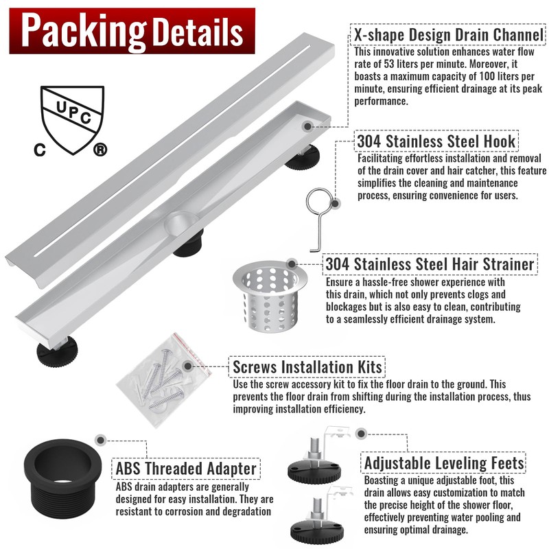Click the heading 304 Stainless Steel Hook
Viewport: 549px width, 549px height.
(436, 141)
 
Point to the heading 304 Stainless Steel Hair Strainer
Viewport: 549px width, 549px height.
(430, 264)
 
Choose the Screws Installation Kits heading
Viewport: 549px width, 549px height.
(307, 366)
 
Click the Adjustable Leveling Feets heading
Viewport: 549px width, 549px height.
(444, 463)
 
